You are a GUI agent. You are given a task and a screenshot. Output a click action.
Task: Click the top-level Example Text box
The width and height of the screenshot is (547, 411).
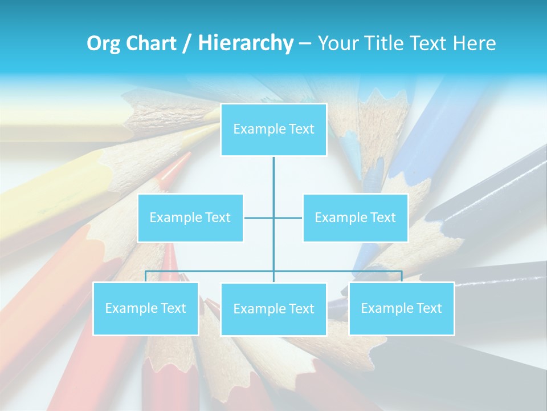[x=273, y=130]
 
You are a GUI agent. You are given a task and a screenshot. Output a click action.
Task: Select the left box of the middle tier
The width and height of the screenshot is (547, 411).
[x=190, y=217]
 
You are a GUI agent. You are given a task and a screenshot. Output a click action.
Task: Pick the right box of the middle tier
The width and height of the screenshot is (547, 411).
[x=355, y=217]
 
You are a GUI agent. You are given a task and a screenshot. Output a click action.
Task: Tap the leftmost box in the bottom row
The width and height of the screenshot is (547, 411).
[x=145, y=308]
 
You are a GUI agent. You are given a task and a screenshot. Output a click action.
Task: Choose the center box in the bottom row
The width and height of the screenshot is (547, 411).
[x=273, y=309]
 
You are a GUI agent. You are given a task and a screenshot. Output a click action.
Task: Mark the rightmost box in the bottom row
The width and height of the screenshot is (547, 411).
[x=401, y=308]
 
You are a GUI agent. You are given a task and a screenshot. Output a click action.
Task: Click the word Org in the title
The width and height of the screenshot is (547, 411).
[x=104, y=43]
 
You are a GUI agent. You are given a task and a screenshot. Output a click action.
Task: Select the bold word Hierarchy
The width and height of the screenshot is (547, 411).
[x=246, y=43]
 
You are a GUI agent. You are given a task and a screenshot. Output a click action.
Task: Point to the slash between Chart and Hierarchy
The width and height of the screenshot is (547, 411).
[x=187, y=43]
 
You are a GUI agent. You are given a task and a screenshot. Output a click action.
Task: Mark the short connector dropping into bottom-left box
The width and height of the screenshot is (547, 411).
[x=145, y=276]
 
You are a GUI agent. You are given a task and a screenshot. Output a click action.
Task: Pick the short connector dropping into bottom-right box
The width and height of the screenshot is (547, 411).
[x=401, y=276]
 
